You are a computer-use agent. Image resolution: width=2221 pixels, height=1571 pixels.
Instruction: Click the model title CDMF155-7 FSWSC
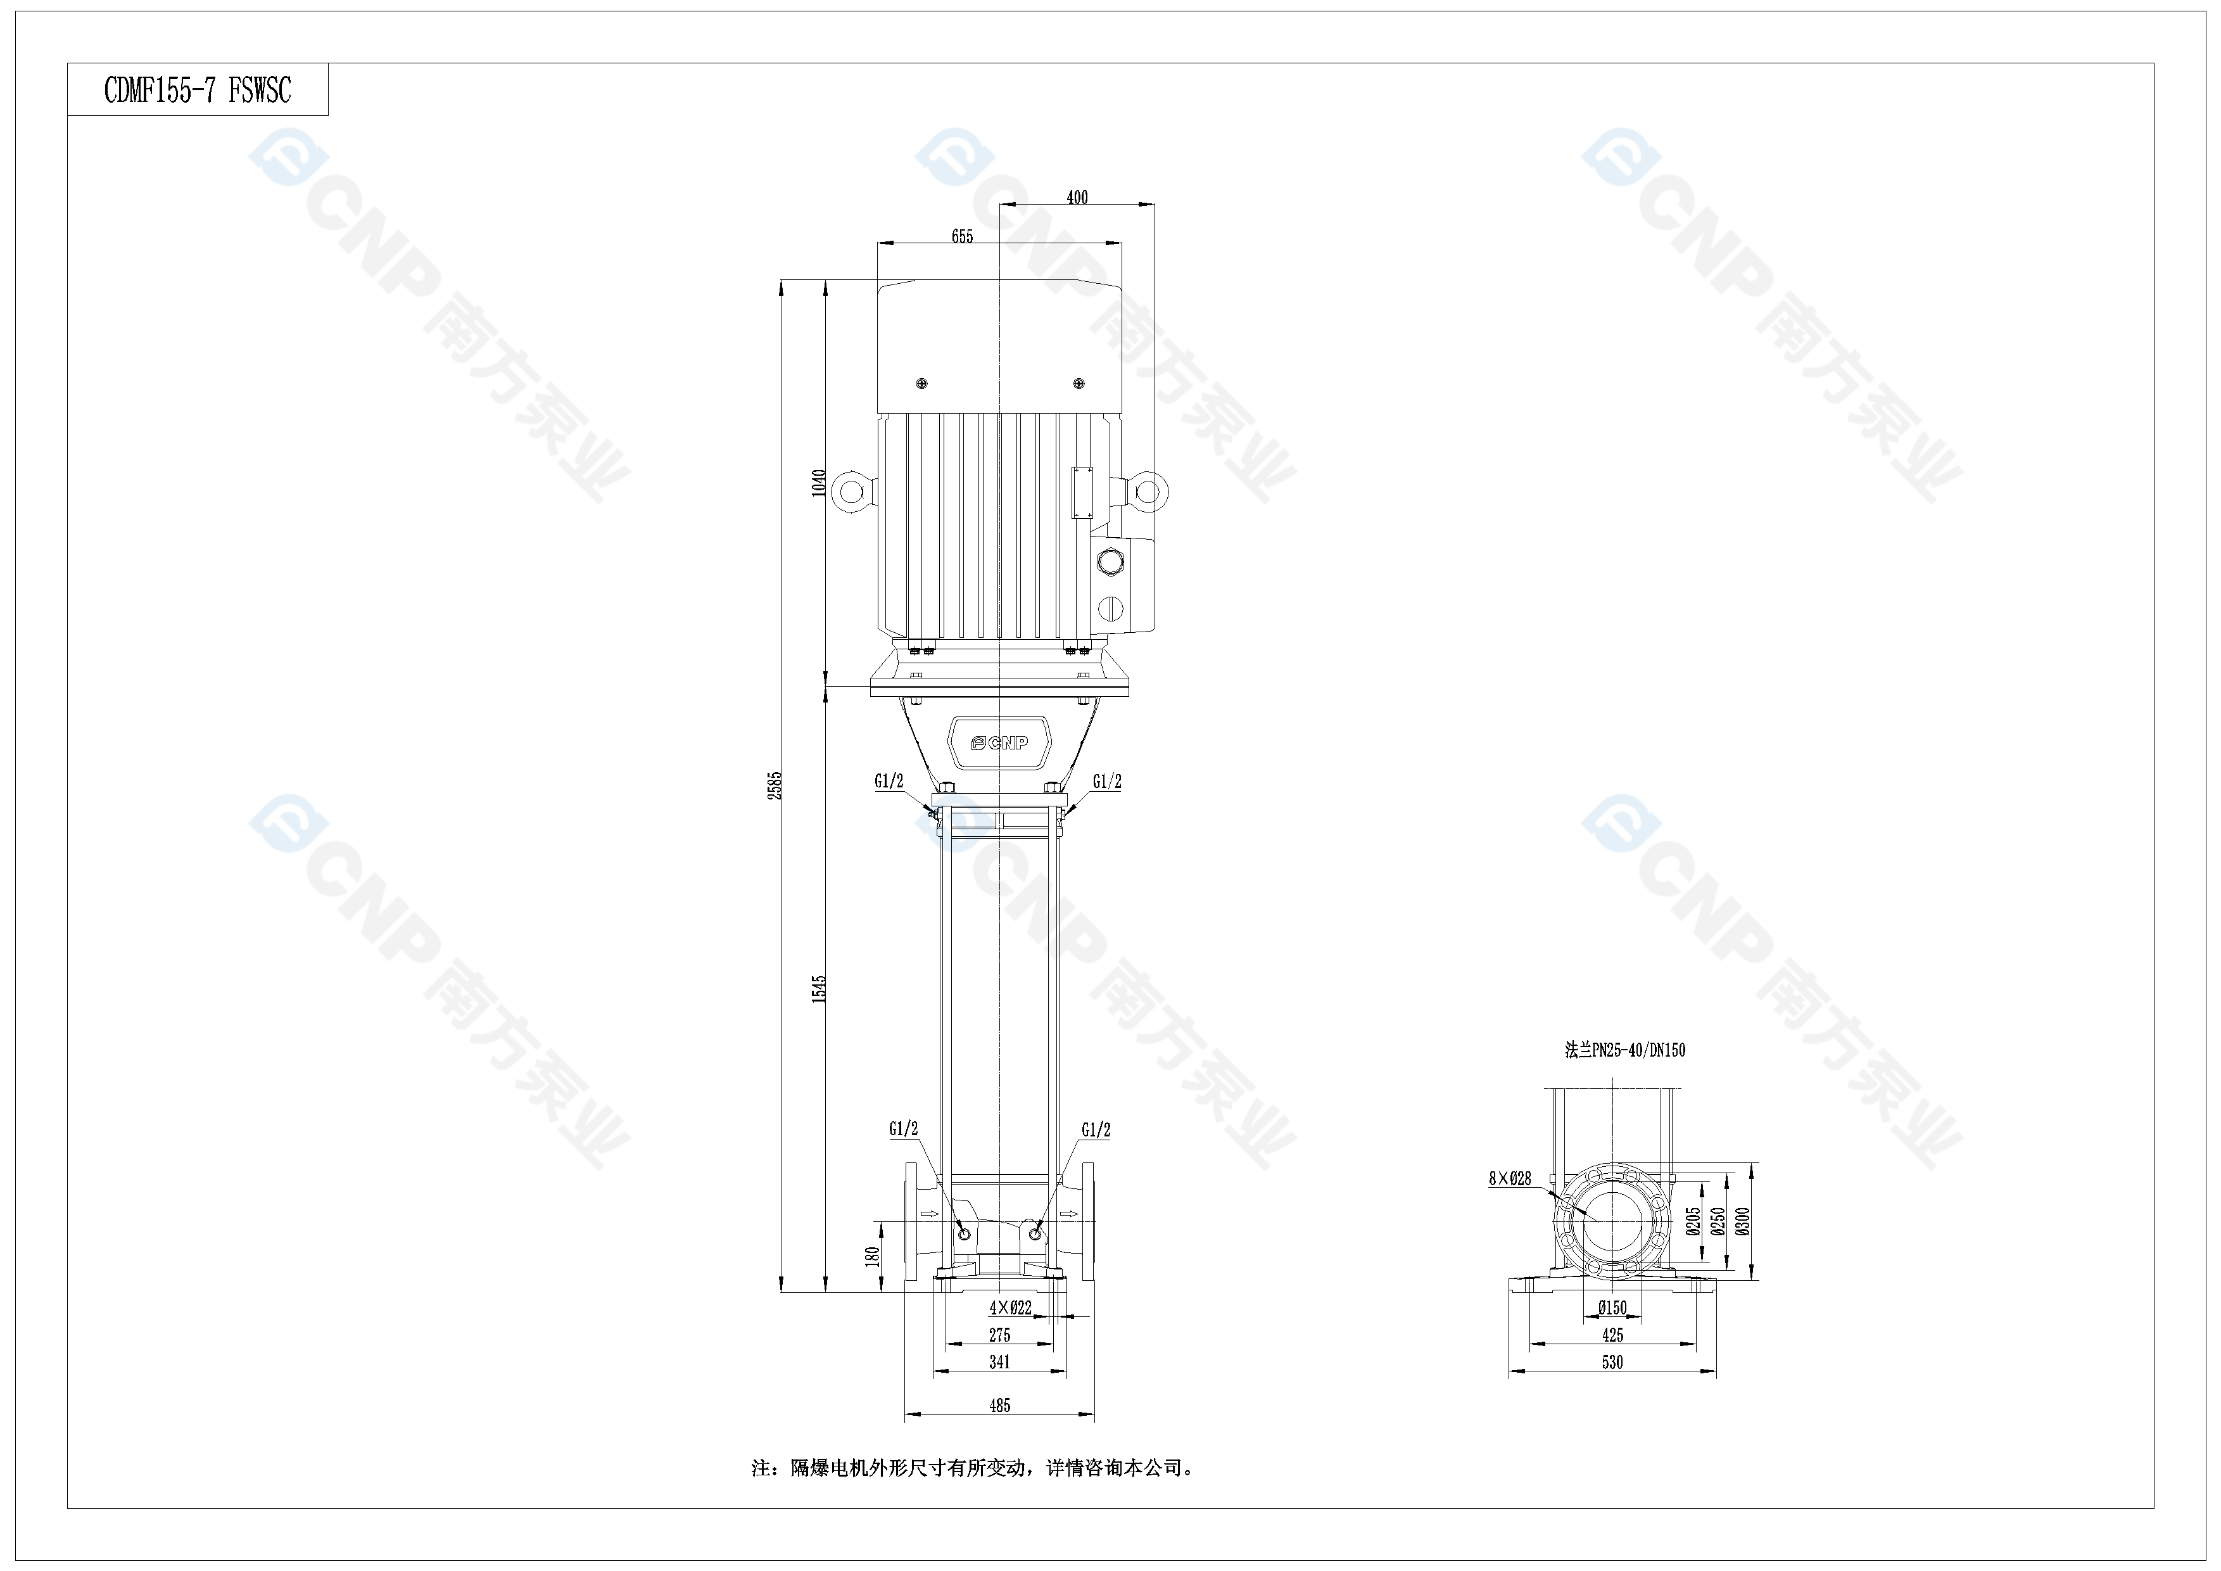[198, 91]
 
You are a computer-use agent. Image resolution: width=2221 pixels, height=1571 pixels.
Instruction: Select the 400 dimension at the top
[1077, 198]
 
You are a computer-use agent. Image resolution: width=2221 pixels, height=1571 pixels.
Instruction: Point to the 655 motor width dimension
[961, 237]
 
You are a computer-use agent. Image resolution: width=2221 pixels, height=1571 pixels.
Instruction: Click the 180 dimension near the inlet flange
[873, 1257]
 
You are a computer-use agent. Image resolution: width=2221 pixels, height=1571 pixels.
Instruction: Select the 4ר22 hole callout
[1010, 1309]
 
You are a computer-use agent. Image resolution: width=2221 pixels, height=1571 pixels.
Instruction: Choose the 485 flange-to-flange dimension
[999, 1406]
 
